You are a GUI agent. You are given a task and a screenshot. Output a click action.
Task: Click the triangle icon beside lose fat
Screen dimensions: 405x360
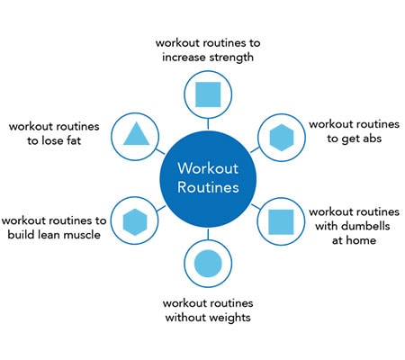[x=136, y=134]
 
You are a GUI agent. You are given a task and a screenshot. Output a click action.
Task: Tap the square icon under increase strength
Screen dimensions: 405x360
[x=208, y=94]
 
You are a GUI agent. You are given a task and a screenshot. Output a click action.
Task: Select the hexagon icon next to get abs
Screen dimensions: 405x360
[x=282, y=138]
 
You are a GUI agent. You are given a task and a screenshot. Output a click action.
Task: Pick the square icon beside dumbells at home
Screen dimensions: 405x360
[x=281, y=221]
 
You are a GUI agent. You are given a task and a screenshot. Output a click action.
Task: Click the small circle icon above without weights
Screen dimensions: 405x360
[x=208, y=264]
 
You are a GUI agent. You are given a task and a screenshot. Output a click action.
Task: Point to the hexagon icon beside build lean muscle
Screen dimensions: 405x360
[x=135, y=221]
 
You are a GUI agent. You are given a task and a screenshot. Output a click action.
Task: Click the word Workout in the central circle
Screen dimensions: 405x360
[x=208, y=168]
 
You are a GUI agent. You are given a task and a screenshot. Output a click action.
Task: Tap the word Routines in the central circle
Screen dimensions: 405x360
[x=208, y=187]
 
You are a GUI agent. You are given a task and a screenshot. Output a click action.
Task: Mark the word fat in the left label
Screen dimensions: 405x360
[x=74, y=140]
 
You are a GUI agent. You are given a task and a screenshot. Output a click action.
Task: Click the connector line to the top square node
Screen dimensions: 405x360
[x=208, y=124]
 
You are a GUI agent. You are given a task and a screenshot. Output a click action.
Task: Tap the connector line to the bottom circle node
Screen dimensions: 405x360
[x=208, y=234]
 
